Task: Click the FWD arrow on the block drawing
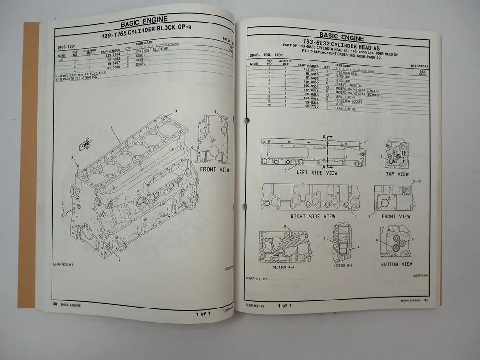(x=85, y=146)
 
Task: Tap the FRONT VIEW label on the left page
(x=214, y=169)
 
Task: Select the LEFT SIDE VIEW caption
(x=317, y=172)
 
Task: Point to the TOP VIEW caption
(x=397, y=174)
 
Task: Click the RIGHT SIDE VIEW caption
(x=313, y=217)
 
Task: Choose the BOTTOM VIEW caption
(x=397, y=264)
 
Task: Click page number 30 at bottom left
(x=55, y=305)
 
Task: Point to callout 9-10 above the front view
(x=417, y=181)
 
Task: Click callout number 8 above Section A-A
(x=285, y=227)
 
